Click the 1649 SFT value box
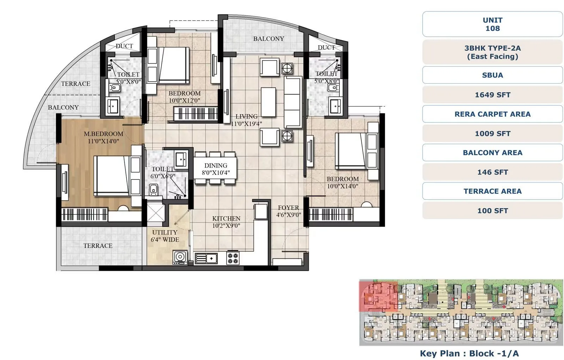click(x=492, y=94)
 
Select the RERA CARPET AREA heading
click(x=492, y=114)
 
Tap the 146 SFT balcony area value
click(x=492, y=172)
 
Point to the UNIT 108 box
click(x=492, y=24)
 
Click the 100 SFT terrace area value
click(x=492, y=210)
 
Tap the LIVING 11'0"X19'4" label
click(x=246, y=120)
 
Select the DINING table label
click(x=216, y=169)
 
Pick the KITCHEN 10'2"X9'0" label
click(x=226, y=222)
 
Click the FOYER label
click(x=288, y=211)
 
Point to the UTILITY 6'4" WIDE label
click(x=165, y=236)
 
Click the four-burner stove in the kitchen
click(x=233, y=258)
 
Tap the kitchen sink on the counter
click(x=206, y=258)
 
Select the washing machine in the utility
click(x=180, y=257)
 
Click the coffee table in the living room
click(x=268, y=102)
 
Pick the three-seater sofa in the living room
click(x=293, y=102)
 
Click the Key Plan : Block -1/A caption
click(x=469, y=353)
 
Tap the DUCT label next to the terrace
click(x=124, y=46)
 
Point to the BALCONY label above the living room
click(x=268, y=39)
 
